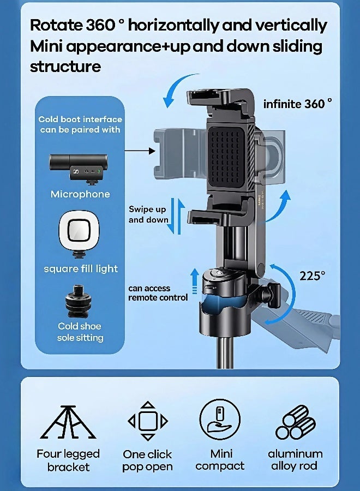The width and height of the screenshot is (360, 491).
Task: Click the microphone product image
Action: [x=80, y=166]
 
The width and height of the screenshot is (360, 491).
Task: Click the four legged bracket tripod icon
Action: [x=68, y=422]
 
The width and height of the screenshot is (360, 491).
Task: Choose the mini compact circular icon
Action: [x=219, y=420]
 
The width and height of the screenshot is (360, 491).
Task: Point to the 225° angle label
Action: [x=312, y=276]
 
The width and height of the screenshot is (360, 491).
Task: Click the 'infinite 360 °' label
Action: [x=297, y=104]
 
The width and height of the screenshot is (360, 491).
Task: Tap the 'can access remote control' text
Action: [x=158, y=293]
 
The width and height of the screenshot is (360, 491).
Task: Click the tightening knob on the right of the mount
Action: [x=271, y=295]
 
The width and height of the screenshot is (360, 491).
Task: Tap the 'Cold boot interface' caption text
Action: [x=80, y=124]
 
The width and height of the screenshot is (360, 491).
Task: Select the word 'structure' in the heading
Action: [x=65, y=67]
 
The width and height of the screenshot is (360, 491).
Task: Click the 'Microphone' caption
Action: [x=80, y=194]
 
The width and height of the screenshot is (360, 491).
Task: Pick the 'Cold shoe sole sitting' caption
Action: [x=80, y=332]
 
